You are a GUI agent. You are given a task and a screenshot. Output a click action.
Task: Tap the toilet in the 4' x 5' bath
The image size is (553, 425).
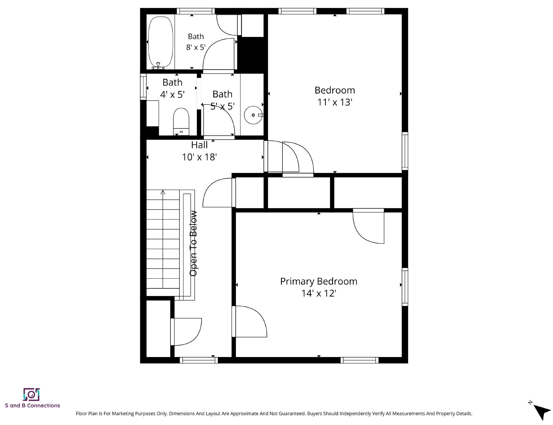point(181,122)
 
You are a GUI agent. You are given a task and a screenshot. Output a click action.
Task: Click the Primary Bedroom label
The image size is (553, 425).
point(319,281)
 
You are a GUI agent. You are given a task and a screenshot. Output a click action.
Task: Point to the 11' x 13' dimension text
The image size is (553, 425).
point(335,102)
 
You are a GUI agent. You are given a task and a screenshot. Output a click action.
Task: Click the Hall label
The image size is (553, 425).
point(199,145)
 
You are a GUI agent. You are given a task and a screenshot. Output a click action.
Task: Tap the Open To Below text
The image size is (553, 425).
point(193,243)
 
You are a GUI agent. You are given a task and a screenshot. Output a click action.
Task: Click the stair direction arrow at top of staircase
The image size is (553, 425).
point(163,192)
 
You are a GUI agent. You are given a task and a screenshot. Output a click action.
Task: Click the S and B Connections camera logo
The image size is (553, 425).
point(31,394)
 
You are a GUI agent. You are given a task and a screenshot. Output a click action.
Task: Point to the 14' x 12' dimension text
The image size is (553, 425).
point(319,293)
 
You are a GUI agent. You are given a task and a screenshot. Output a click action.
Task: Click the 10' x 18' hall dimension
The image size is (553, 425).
point(199,157)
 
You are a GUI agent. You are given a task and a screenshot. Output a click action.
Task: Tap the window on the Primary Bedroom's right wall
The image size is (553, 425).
point(405,287)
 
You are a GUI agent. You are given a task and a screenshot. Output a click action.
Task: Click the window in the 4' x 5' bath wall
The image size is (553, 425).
point(143,87)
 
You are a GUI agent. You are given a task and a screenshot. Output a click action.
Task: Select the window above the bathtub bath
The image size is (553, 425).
point(196,11)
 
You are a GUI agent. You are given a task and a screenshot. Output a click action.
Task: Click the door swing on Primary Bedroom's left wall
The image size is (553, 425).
point(249,321)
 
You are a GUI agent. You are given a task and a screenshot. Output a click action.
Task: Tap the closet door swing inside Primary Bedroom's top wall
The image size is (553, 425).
point(368,226)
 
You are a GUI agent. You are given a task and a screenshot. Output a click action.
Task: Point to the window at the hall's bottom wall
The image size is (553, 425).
point(198,360)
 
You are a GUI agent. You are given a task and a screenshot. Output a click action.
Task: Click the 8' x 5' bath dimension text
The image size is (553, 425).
point(196,47)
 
